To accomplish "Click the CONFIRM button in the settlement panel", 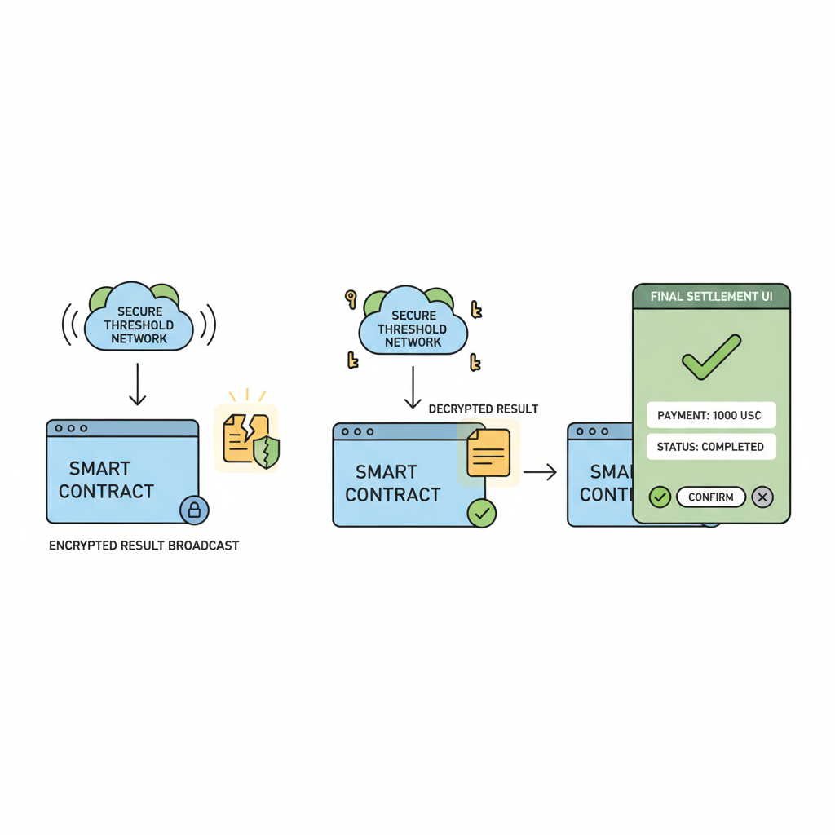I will click(x=710, y=497).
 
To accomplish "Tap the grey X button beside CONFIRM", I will click(x=762, y=497).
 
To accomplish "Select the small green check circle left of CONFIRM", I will click(x=660, y=497).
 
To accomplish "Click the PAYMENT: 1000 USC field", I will click(x=710, y=415).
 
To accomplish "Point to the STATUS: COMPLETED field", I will click(x=710, y=447).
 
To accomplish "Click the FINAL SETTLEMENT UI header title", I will click(x=711, y=297).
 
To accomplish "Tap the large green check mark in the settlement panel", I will click(x=710, y=357).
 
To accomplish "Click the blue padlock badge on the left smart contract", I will click(x=194, y=510).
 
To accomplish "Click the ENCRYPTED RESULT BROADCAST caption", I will click(x=144, y=546).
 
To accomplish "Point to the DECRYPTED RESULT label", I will click(x=483, y=409).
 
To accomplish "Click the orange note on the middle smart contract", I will click(x=488, y=453).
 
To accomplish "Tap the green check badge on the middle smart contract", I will click(x=482, y=513).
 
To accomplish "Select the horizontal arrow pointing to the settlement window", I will click(x=540, y=471).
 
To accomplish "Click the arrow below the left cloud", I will click(x=138, y=384).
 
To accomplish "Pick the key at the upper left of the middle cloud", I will click(x=351, y=299).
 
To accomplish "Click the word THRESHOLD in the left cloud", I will click(x=139, y=325).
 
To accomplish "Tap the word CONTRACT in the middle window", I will click(x=392, y=494).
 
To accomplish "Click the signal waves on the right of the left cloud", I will click(x=210, y=325).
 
